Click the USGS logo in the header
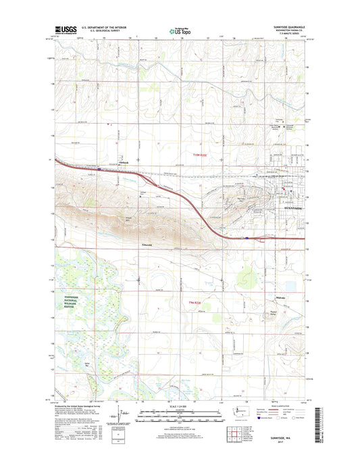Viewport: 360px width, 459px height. [x=64, y=30]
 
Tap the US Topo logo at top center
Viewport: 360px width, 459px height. [x=179, y=30]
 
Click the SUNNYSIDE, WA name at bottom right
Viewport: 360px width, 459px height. [x=282, y=439]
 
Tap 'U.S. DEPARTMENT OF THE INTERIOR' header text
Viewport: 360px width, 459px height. [x=105, y=28]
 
